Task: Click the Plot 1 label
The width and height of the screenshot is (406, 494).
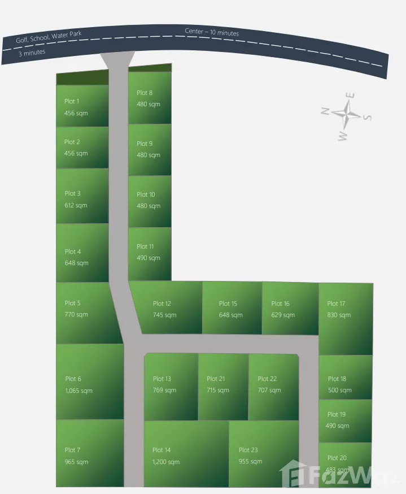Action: click(72, 102)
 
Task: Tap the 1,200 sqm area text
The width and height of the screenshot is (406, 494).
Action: click(166, 462)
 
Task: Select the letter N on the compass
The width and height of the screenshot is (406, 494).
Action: click(325, 111)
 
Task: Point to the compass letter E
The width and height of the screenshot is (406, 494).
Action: click(350, 96)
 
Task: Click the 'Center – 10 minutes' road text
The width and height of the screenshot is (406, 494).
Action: click(212, 32)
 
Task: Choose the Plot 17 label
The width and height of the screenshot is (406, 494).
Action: click(337, 304)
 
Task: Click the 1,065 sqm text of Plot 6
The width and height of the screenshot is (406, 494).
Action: click(79, 391)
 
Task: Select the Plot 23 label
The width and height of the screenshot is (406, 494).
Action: click(248, 450)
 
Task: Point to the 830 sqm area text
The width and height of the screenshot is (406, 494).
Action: click(339, 315)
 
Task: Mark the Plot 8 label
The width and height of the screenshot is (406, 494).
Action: click(145, 93)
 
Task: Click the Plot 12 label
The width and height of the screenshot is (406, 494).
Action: click(162, 304)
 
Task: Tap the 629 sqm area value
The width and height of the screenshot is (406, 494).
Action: click(283, 315)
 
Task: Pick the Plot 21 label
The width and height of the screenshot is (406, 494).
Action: click(216, 379)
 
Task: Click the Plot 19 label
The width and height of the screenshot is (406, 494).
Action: click(337, 414)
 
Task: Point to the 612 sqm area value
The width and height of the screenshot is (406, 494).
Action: click(76, 205)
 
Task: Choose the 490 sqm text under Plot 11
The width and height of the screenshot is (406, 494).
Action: click(149, 258)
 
